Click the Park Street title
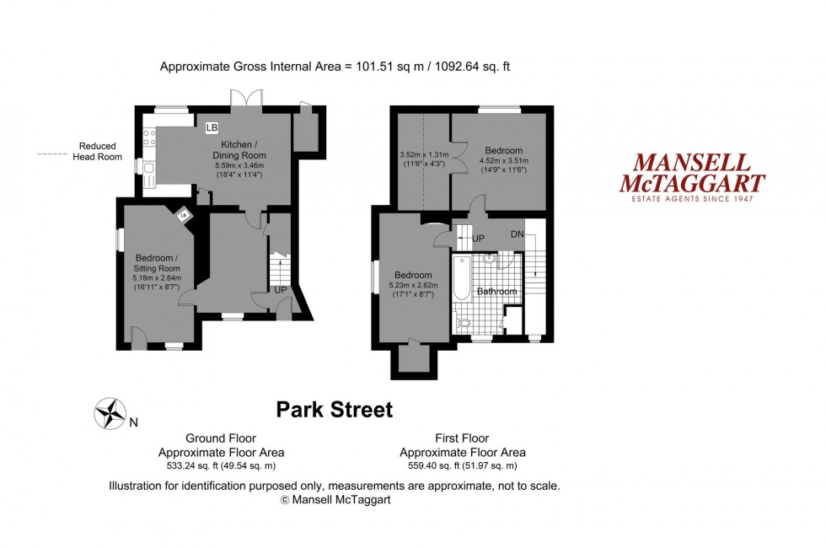click(x=335, y=411)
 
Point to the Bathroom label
click(x=496, y=292)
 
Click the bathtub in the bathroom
click(x=460, y=280)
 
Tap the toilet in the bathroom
click(x=462, y=323)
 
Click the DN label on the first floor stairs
click(x=518, y=234)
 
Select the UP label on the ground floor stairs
click(x=279, y=289)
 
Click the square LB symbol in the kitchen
click(x=211, y=127)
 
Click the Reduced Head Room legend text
click(x=98, y=151)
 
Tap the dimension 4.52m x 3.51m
click(x=502, y=161)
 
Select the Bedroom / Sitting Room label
click(x=158, y=262)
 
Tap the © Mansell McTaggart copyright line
click(x=335, y=499)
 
